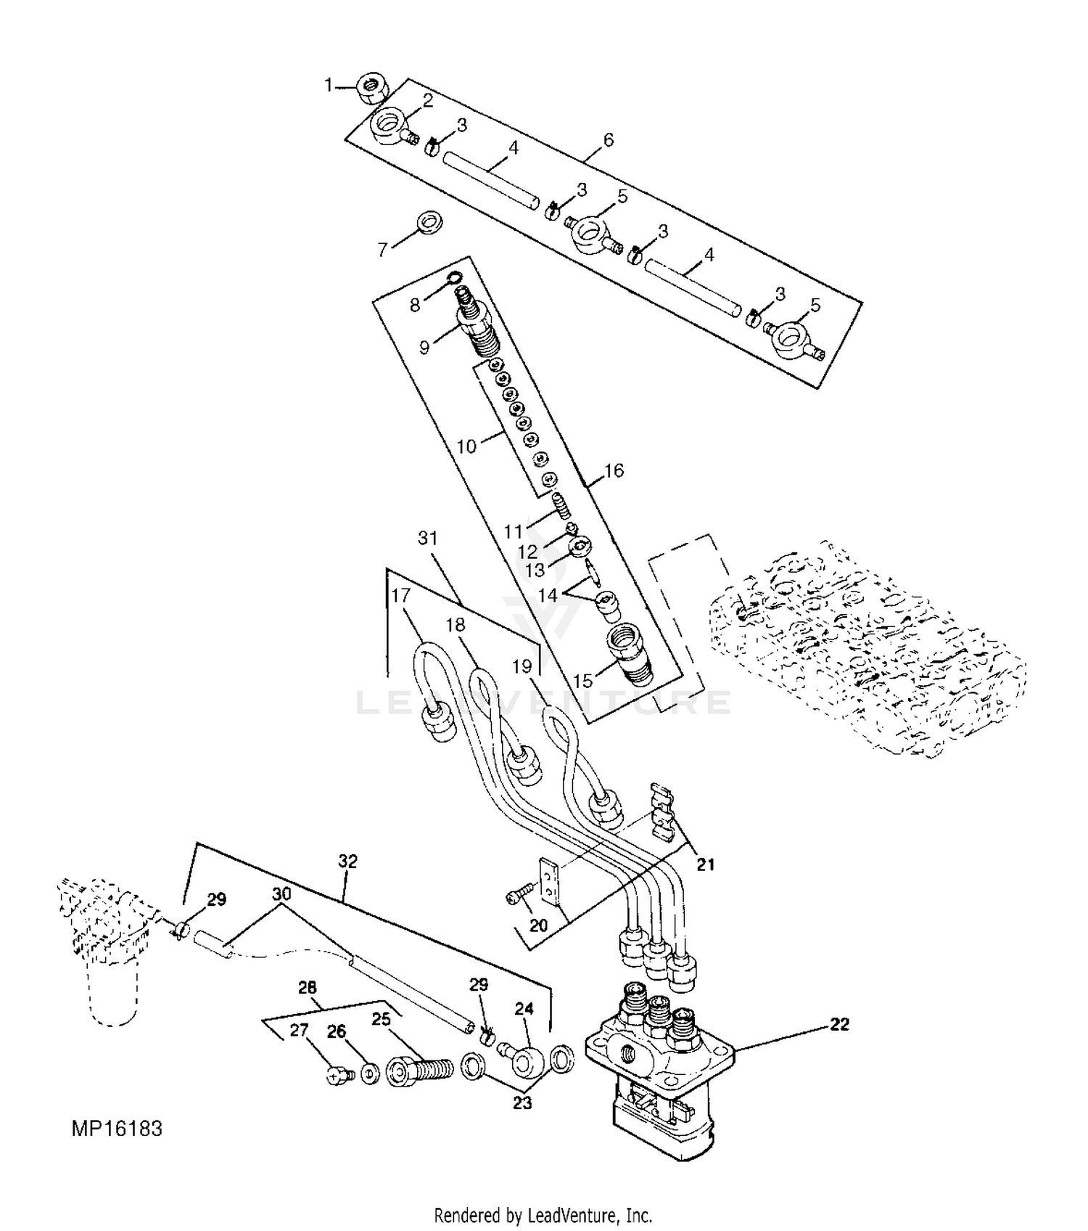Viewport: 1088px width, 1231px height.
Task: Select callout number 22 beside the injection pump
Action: (839, 1024)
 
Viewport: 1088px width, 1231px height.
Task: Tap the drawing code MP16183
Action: (117, 1129)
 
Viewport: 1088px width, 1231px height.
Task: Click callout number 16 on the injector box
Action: (614, 470)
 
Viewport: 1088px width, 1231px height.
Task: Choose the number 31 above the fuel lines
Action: (428, 538)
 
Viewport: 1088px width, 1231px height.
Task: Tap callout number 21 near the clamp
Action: (706, 864)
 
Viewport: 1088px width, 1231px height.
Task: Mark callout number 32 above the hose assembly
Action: (348, 861)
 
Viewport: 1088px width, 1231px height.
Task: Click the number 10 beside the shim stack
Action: (466, 446)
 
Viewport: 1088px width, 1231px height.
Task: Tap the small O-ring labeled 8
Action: (455, 277)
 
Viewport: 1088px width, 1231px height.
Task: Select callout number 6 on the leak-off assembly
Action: (608, 139)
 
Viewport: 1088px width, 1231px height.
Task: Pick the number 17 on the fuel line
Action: (400, 595)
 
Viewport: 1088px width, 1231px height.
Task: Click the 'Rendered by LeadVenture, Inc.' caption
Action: (543, 1214)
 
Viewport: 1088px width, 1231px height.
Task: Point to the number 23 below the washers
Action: (522, 1103)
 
